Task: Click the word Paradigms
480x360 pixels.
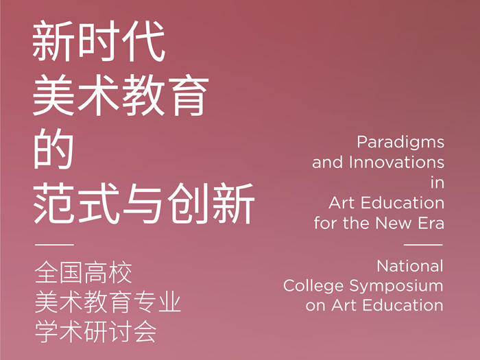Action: [x=400, y=143]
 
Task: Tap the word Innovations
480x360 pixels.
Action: [x=397, y=163]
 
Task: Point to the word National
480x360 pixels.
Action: [x=410, y=266]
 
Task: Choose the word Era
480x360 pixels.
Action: [x=431, y=223]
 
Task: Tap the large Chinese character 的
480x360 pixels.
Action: [x=53, y=149]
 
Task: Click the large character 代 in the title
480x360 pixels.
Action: [x=144, y=40]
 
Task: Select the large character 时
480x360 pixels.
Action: [x=99, y=40]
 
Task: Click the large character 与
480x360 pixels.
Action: [x=144, y=203]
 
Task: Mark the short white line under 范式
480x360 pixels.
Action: [x=54, y=245]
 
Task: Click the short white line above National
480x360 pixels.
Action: [x=423, y=245]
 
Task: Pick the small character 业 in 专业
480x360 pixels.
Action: [x=169, y=302]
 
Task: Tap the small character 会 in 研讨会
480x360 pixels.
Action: [x=145, y=331]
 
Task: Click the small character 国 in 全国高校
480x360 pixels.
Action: [x=71, y=272]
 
